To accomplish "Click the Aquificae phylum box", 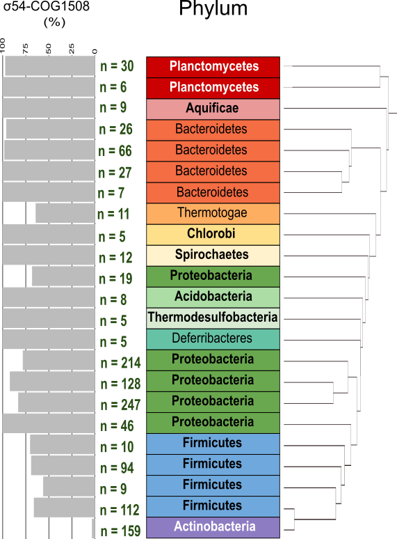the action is pyautogui.click(x=213, y=109).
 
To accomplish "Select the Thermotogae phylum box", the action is pyautogui.click(x=213, y=214).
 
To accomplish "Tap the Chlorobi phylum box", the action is pyautogui.click(x=213, y=235).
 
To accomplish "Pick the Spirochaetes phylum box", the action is pyautogui.click(x=213, y=256).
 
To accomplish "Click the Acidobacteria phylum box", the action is pyautogui.click(x=213, y=297).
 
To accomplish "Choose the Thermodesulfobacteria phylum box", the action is pyautogui.click(x=213, y=318).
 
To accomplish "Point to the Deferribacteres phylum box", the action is pyautogui.click(x=213, y=339).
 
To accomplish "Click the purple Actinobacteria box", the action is pyautogui.click(x=213, y=528).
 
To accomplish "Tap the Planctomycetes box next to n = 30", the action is pyautogui.click(x=213, y=68).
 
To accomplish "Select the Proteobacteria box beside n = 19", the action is pyautogui.click(x=213, y=276).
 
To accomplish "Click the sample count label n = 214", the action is pyautogui.click(x=120, y=363).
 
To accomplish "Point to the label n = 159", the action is pyautogui.click(x=120, y=531).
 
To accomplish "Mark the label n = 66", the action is pyautogui.click(x=115, y=151).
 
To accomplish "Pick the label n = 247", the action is pyautogui.click(x=120, y=405).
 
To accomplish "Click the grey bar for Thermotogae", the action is pyautogui.click(x=65, y=213).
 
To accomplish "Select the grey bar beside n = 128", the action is pyautogui.click(x=53, y=381).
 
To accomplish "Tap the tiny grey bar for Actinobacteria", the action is pyautogui.click(x=94, y=528).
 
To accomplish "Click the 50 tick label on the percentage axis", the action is pyautogui.click(x=49, y=49).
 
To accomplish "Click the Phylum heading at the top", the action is pyautogui.click(x=213, y=8).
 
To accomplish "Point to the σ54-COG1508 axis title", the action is pyautogui.click(x=47, y=6).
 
